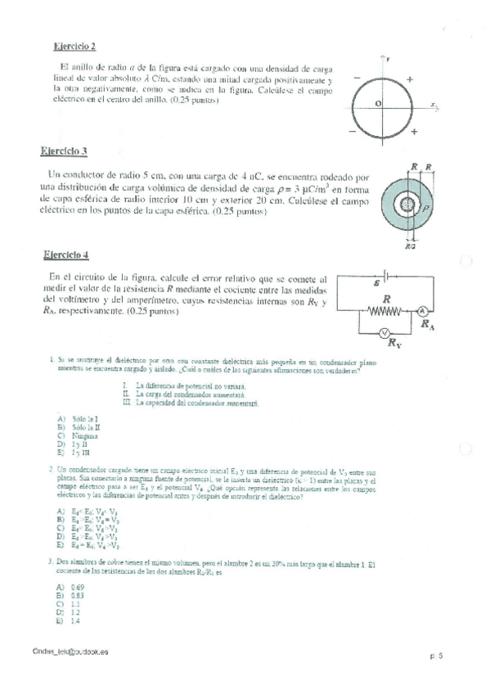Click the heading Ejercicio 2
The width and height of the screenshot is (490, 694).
point(74,47)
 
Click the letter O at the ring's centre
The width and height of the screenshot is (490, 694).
point(378,105)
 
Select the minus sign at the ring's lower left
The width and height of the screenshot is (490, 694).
point(353,131)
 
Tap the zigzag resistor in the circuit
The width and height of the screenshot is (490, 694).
point(408,312)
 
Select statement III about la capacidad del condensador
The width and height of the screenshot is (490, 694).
point(190,403)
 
